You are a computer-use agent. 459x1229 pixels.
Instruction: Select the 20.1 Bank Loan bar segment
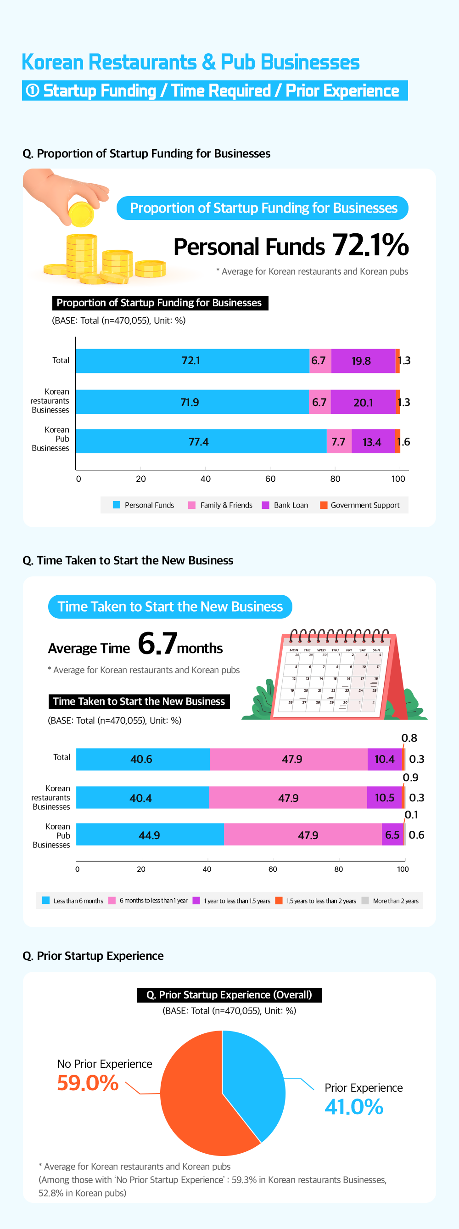(363, 402)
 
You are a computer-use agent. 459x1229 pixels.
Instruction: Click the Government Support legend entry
(360, 505)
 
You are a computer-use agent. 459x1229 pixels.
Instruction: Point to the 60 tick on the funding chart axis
(270, 479)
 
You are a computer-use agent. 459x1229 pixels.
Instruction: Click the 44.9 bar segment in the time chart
(150, 835)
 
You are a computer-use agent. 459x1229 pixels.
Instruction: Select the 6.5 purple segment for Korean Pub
(392, 835)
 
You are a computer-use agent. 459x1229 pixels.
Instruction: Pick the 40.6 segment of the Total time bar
(142, 759)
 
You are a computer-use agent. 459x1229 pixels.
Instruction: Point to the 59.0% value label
(88, 1082)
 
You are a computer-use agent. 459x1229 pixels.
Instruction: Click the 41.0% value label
(354, 1107)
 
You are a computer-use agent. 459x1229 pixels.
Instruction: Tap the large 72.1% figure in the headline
(370, 245)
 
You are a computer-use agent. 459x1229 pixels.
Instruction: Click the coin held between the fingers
(81, 214)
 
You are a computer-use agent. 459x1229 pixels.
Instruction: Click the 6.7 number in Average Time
(157, 643)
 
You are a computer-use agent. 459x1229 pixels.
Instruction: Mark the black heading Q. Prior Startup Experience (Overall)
(229, 995)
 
